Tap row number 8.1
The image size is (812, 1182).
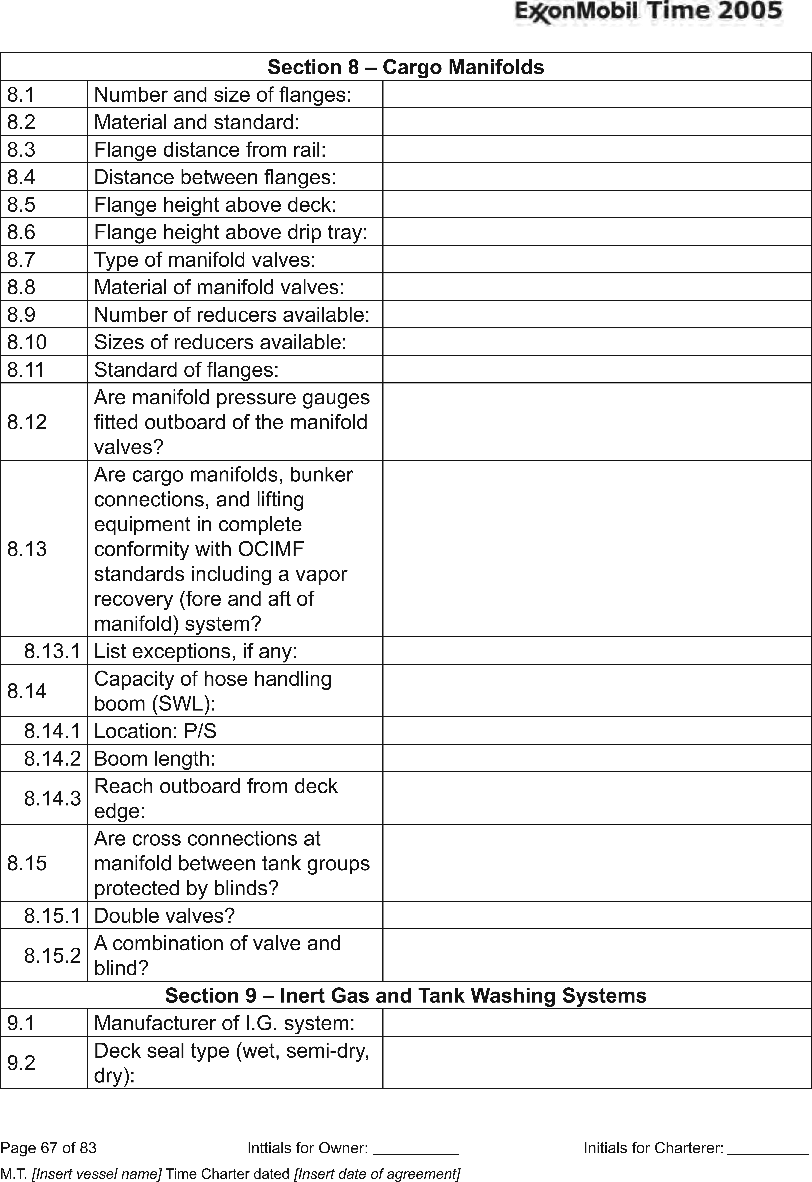21,95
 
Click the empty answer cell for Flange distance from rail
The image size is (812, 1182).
596,150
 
